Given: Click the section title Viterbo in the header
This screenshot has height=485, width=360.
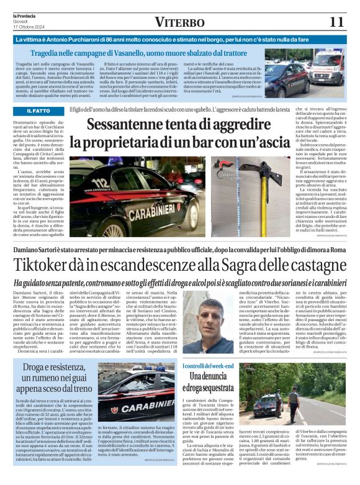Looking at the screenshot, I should point(180,22).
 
